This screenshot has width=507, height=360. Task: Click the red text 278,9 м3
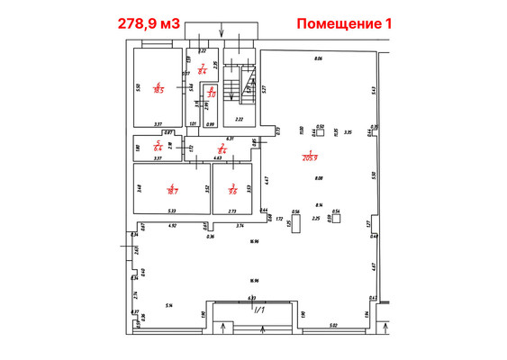pyautogui.click(x=150, y=23)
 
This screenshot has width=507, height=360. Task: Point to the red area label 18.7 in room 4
pyautogui.click(x=170, y=189)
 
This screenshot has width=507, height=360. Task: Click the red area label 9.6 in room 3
pyautogui.click(x=232, y=189)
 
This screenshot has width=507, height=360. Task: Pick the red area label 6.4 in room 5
pyautogui.click(x=158, y=146)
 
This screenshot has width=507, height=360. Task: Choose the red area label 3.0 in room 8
pyautogui.click(x=211, y=91)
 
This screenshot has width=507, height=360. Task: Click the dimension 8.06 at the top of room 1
pyautogui.click(x=317, y=58)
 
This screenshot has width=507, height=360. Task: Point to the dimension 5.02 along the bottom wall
pyautogui.click(x=332, y=325)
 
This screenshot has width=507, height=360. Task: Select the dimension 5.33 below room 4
pyautogui.click(x=170, y=211)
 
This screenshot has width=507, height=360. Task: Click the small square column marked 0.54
pyautogui.click(x=336, y=217)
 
